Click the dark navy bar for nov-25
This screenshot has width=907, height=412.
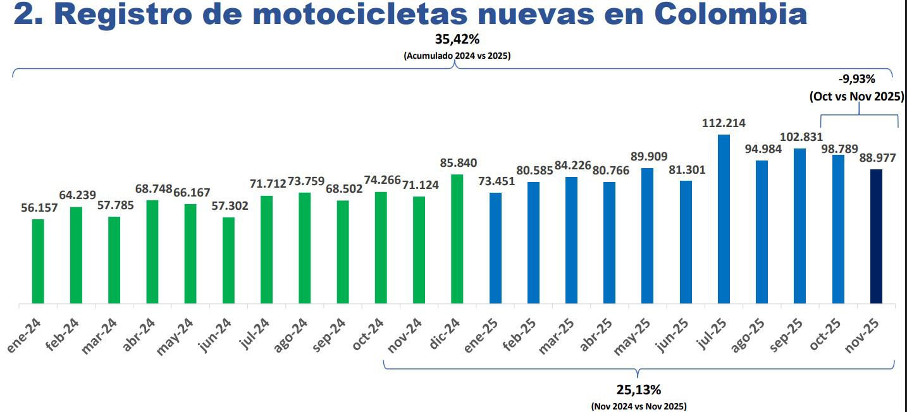(x=876, y=236)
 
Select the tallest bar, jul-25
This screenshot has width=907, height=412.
(x=724, y=219)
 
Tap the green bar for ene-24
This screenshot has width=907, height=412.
(x=38, y=261)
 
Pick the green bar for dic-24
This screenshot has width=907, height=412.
(x=457, y=239)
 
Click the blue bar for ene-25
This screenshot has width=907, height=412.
(x=495, y=248)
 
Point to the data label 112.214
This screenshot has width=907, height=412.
(x=724, y=123)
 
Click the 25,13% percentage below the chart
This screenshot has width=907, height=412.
(x=639, y=389)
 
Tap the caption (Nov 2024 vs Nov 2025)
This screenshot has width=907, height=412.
(x=639, y=406)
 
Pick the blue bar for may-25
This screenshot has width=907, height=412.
(x=647, y=236)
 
